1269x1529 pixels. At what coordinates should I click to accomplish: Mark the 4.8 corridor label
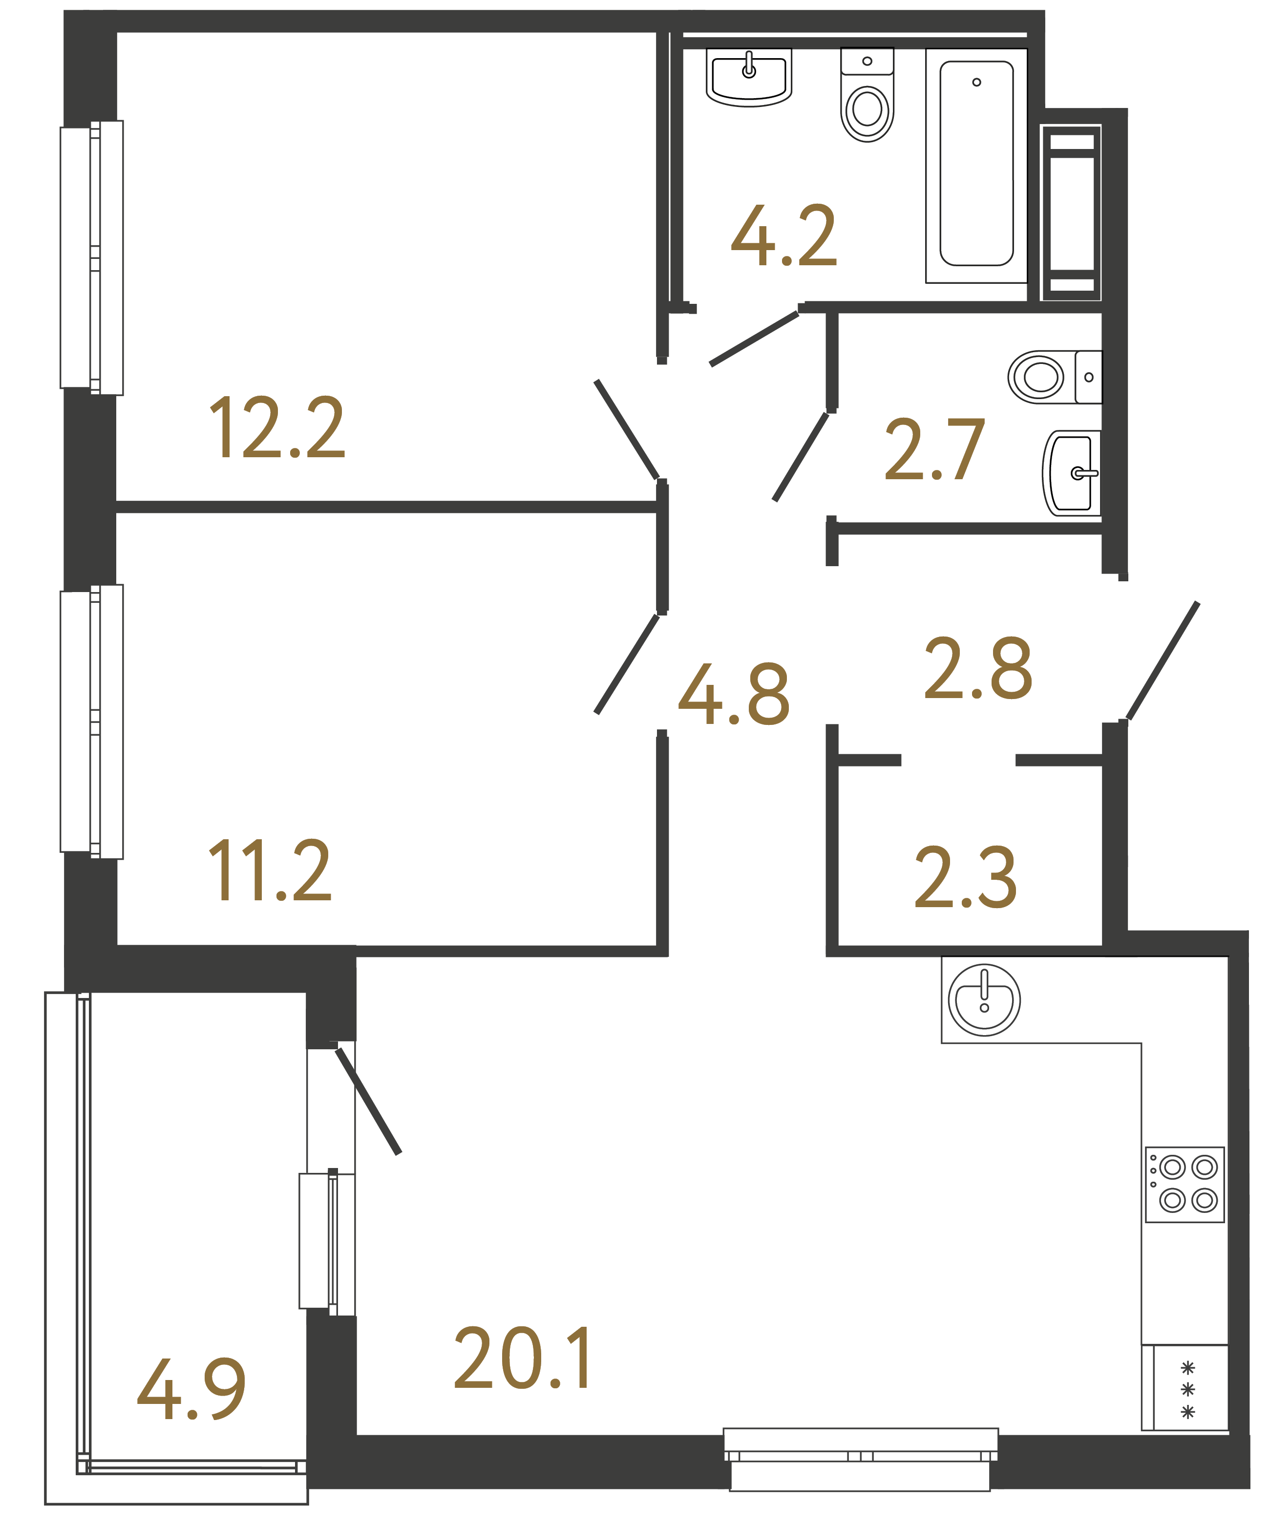734,695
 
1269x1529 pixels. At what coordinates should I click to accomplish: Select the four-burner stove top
1184,1185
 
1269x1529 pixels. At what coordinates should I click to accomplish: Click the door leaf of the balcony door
368,1102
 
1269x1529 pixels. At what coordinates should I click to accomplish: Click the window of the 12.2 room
92,258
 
